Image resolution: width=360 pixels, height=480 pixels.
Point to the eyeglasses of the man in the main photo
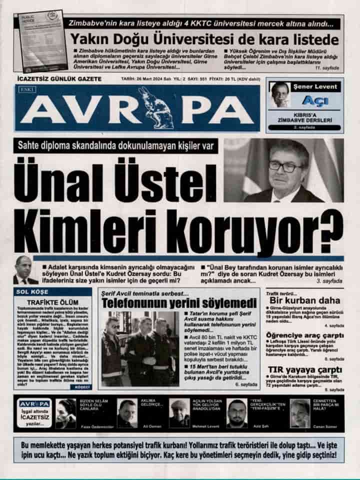click(x=285, y=166)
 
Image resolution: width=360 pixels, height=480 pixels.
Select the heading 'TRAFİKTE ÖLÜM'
click(x=52, y=302)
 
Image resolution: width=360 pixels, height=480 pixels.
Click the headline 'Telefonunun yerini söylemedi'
click(x=179, y=303)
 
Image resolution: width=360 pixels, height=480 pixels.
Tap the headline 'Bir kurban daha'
click(x=304, y=300)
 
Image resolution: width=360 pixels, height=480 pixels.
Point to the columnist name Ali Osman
click(x=127, y=426)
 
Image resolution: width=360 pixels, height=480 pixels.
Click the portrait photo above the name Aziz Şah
click(x=236, y=412)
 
